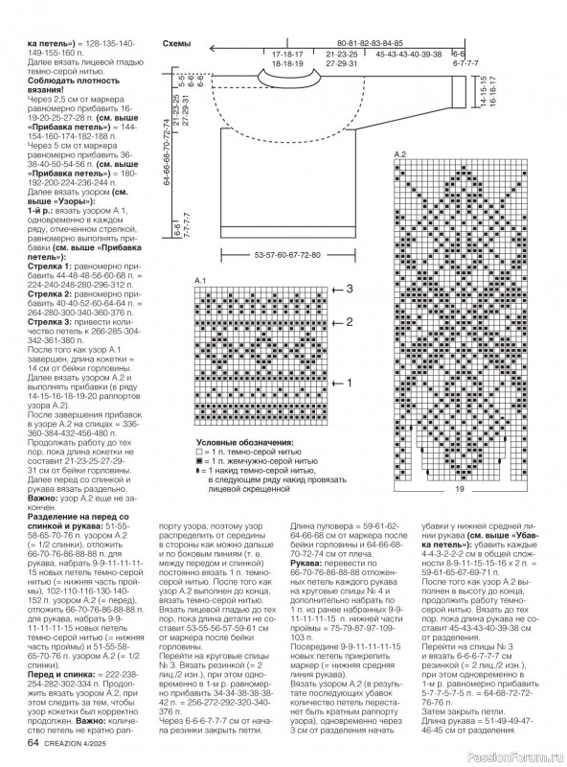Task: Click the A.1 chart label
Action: point(200,277)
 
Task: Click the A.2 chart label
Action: point(399,154)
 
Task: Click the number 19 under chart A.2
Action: point(459,490)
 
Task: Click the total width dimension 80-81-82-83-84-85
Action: point(370,44)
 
